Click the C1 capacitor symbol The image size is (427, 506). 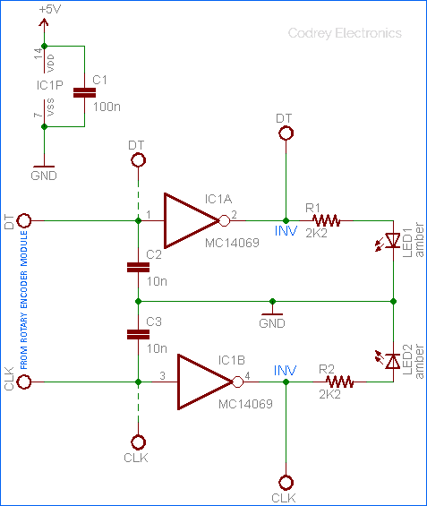click(84, 93)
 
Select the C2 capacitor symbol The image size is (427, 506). click(138, 268)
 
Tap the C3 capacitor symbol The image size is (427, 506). click(138, 335)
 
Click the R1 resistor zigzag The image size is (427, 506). click(326, 220)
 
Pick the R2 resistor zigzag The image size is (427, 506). click(339, 382)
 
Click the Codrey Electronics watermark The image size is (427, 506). click(345, 33)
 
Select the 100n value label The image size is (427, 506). click(107, 107)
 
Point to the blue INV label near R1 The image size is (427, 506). click(286, 231)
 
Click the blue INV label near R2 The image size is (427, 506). click(285, 371)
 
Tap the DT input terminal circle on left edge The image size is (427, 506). click(24, 220)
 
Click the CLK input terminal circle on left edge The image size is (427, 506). click(24, 382)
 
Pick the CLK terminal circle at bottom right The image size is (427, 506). click(286, 483)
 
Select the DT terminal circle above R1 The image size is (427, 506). click(286, 133)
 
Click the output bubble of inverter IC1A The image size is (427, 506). click(225, 220)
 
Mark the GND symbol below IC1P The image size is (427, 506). click(44, 167)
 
